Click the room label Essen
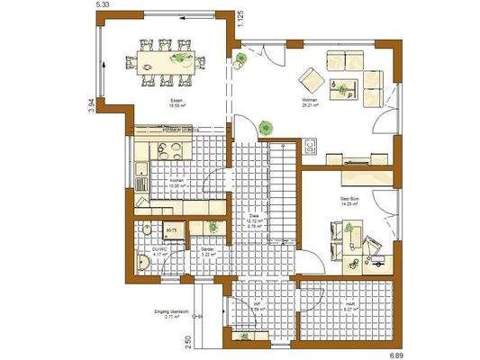pyautogui.click(x=177, y=100)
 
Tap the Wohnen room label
pyautogui.click(x=310, y=100)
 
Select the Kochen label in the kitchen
pyautogui.click(x=177, y=180)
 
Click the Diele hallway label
pyautogui.click(x=255, y=216)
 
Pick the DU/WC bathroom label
pyautogui.click(x=160, y=251)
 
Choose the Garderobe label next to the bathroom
pyautogui.click(x=206, y=249)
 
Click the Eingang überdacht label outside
pyautogui.click(x=174, y=314)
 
